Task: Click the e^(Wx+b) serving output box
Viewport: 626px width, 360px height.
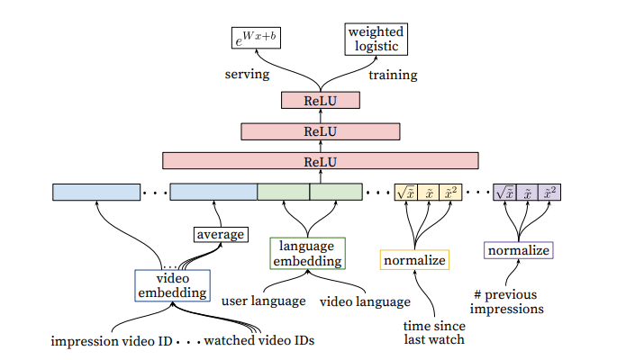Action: (256, 38)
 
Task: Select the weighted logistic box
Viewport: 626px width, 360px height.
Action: (377, 39)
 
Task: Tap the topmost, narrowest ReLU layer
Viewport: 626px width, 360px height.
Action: (321, 100)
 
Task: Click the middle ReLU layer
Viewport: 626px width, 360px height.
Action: (321, 131)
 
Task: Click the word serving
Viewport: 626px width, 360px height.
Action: (247, 74)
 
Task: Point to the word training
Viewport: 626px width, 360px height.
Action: (393, 75)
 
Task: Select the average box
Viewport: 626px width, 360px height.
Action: (221, 234)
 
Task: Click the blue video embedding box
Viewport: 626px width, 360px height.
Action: (172, 285)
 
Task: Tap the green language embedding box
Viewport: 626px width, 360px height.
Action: (307, 254)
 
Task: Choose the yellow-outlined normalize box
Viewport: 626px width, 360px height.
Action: (414, 260)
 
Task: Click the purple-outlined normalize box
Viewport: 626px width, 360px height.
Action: (518, 250)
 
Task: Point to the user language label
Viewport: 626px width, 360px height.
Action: (264, 301)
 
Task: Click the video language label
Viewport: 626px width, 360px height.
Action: (365, 301)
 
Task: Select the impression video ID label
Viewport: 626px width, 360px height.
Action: (112, 341)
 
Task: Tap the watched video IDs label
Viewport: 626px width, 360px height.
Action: (259, 340)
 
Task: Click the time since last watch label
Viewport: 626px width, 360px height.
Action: (434, 332)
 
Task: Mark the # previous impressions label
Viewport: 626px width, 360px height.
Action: (507, 301)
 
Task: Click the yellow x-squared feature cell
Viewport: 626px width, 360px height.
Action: (450, 193)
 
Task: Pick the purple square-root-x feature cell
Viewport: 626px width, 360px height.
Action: (504, 193)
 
